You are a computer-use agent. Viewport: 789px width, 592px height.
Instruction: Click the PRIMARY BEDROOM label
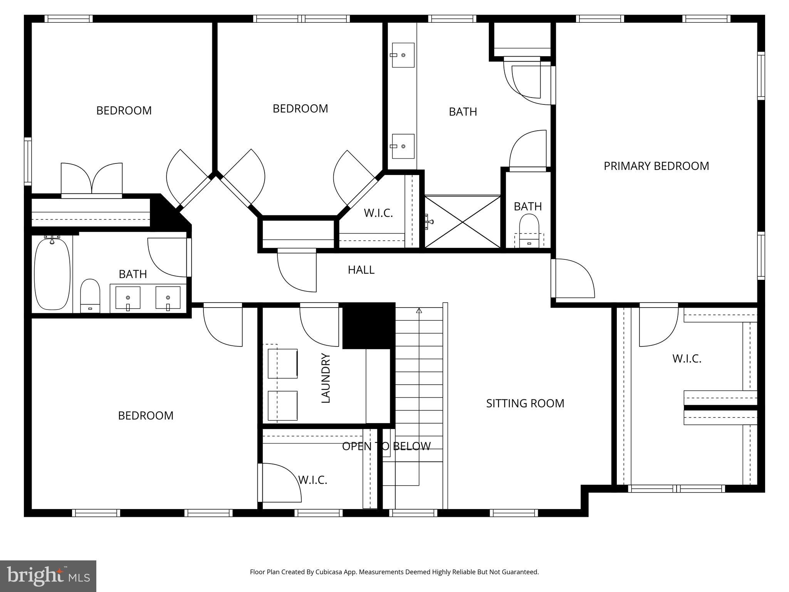coord(656,166)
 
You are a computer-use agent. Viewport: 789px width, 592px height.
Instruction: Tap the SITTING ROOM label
coord(525,404)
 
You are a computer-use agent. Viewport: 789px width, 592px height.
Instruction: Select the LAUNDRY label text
coord(326,378)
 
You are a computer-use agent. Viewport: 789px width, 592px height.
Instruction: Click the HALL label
coord(361,270)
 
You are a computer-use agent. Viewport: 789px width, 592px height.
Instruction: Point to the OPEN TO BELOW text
coord(386,446)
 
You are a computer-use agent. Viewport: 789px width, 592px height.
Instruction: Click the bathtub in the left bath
coord(52,274)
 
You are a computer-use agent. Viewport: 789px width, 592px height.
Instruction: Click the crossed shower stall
coord(462,222)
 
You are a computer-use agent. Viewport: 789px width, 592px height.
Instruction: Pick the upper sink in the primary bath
coord(403,55)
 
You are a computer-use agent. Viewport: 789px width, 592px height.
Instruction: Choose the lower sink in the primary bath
coord(403,146)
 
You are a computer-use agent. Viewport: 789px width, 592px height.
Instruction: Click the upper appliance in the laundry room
coord(282,363)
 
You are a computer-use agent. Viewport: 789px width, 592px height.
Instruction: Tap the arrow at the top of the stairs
coord(419,310)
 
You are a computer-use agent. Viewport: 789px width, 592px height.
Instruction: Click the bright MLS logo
coord(48,576)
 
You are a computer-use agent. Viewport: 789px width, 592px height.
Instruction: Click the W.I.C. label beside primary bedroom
coord(687,359)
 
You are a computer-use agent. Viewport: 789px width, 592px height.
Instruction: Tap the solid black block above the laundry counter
coord(368,326)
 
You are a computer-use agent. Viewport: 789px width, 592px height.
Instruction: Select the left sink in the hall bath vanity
coord(128,298)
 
